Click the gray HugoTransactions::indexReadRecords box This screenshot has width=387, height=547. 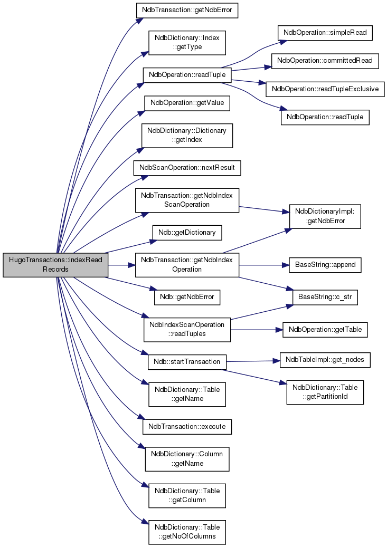[55, 265]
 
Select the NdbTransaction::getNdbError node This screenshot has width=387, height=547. [187, 10]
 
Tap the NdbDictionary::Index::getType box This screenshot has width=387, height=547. [187, 43]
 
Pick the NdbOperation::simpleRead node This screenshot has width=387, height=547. [325, 33]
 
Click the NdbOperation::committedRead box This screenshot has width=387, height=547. [325, 61]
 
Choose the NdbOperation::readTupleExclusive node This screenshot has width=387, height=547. [325, 89]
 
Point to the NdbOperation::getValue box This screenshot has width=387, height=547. [187, 103]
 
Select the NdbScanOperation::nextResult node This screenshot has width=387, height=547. [187, 168]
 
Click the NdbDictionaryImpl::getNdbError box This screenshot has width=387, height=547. [325, 217]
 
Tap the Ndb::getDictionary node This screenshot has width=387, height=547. [187, 233]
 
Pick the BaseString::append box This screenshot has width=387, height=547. [325, 265]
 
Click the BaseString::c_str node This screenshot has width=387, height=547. [325, 297]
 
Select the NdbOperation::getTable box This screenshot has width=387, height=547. [325, 330]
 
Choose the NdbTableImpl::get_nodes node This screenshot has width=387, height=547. [325, 360]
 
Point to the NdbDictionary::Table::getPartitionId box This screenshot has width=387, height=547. [325, 392]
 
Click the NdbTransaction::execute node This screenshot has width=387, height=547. [187, 427]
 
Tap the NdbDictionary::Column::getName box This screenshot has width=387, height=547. [187, 459]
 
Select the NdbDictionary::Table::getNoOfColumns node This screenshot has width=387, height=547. [187, 532]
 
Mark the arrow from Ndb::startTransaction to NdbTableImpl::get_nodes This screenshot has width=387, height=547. [253, 361]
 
